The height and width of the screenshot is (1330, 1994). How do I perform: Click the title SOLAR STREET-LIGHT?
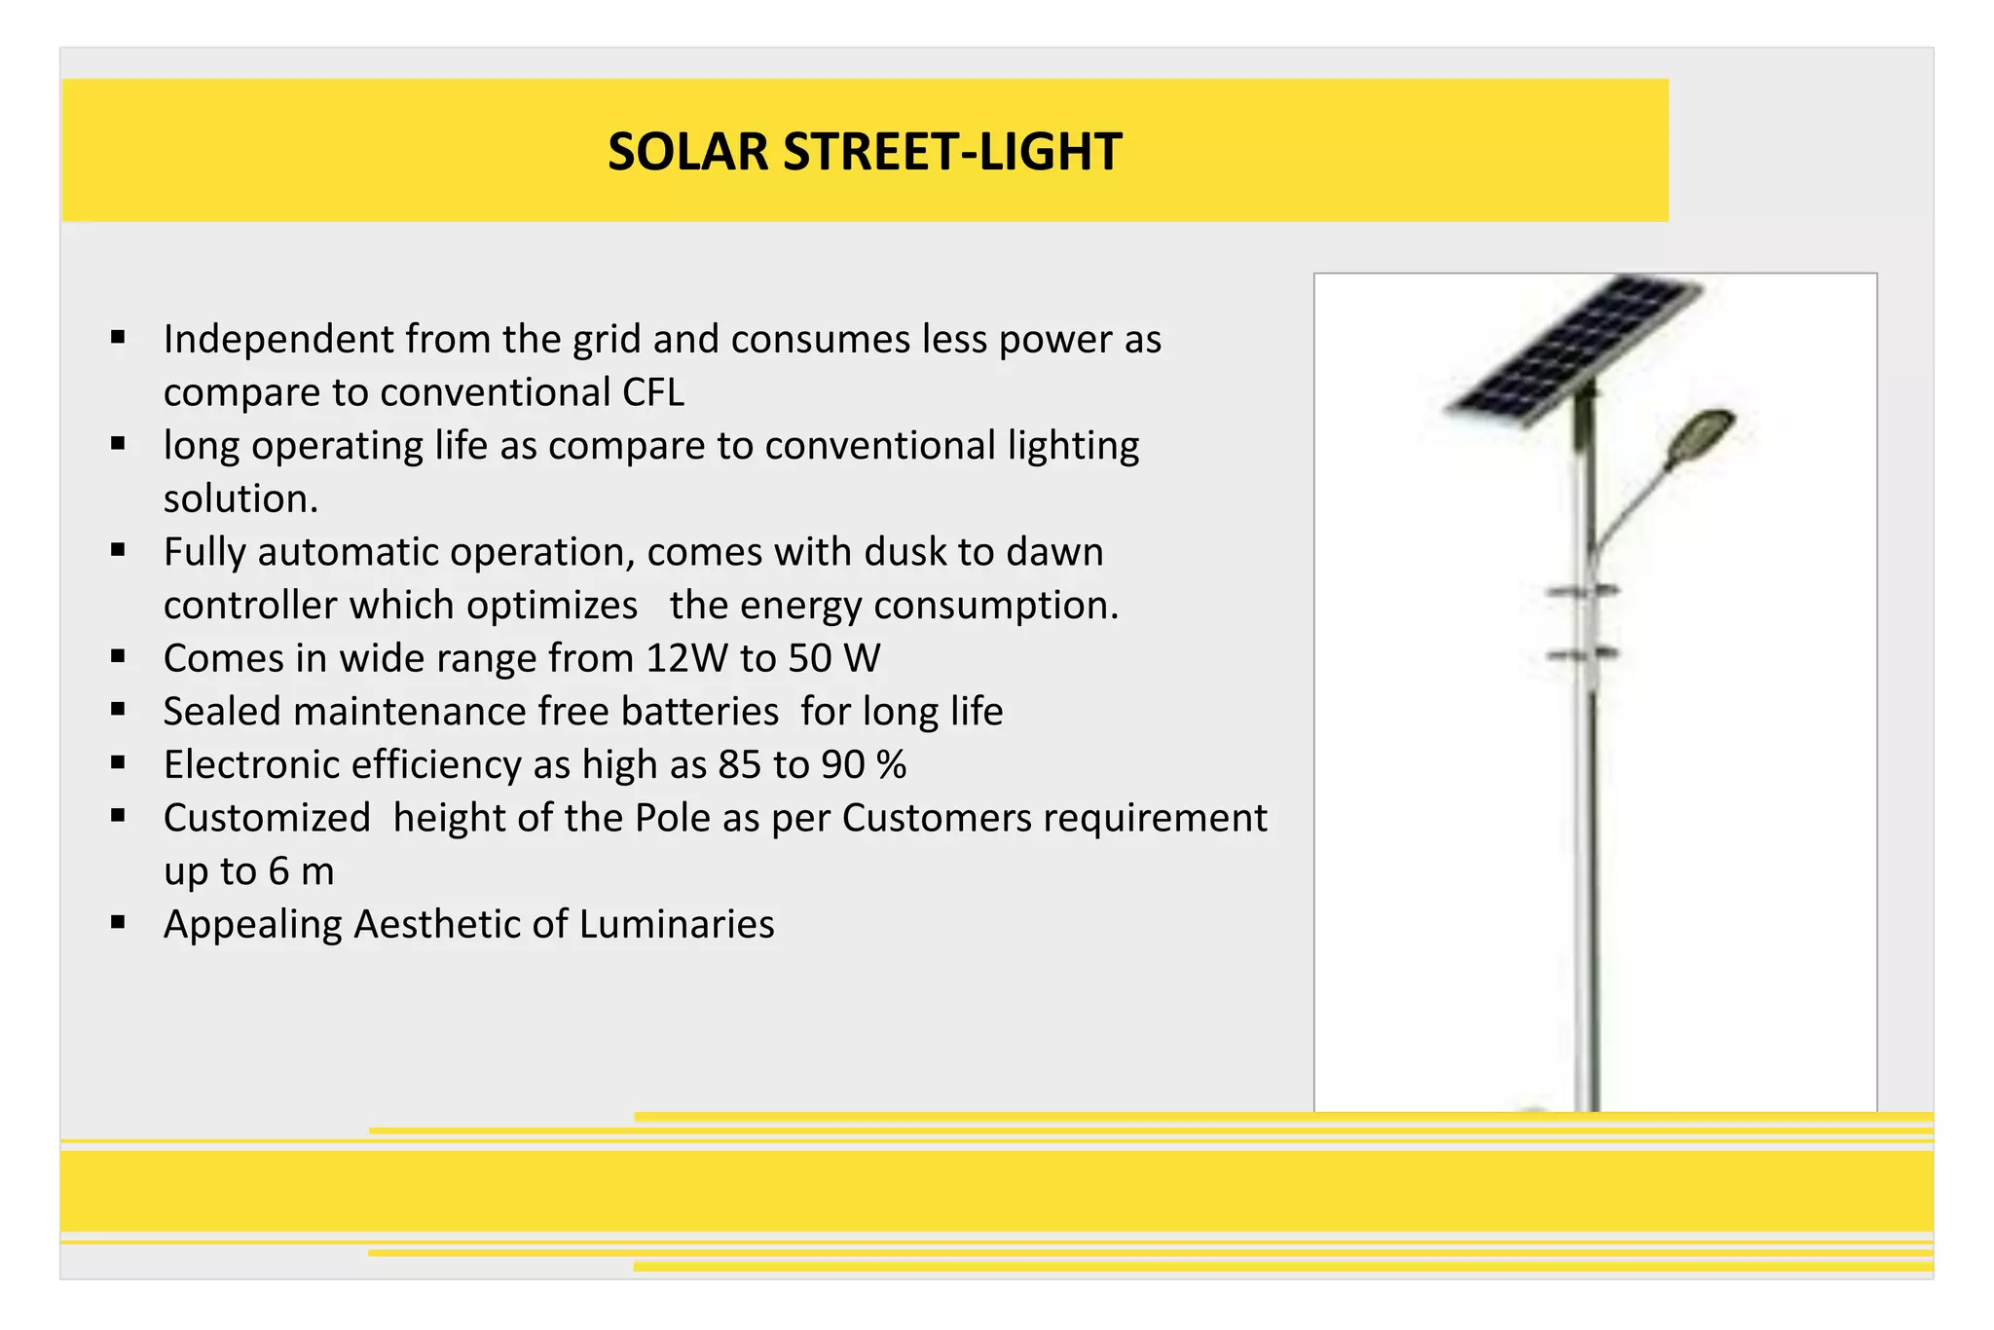pyautogui.click(x=865, y=152)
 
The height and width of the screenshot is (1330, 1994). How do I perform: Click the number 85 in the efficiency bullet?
pyautogui.click(x=740, y=765)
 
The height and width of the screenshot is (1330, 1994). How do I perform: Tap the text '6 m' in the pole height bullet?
pyautogui.click(x=301, y=871)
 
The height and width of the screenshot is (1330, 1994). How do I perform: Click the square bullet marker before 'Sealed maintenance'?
pyautogui.click(x=118, y=710)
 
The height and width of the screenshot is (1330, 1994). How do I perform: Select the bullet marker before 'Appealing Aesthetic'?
pyautogui.click(x=118, y=922)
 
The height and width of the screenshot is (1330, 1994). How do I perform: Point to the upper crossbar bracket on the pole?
pyautogui.click(x=1583, y=591)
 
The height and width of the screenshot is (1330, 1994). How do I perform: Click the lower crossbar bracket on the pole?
pyautogui.click(x=1583, y=655)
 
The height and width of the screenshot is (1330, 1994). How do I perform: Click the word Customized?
pyautogui.click(x=267, y=818)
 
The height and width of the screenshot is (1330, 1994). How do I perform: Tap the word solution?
pyautogui.click(x=240, y=499)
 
